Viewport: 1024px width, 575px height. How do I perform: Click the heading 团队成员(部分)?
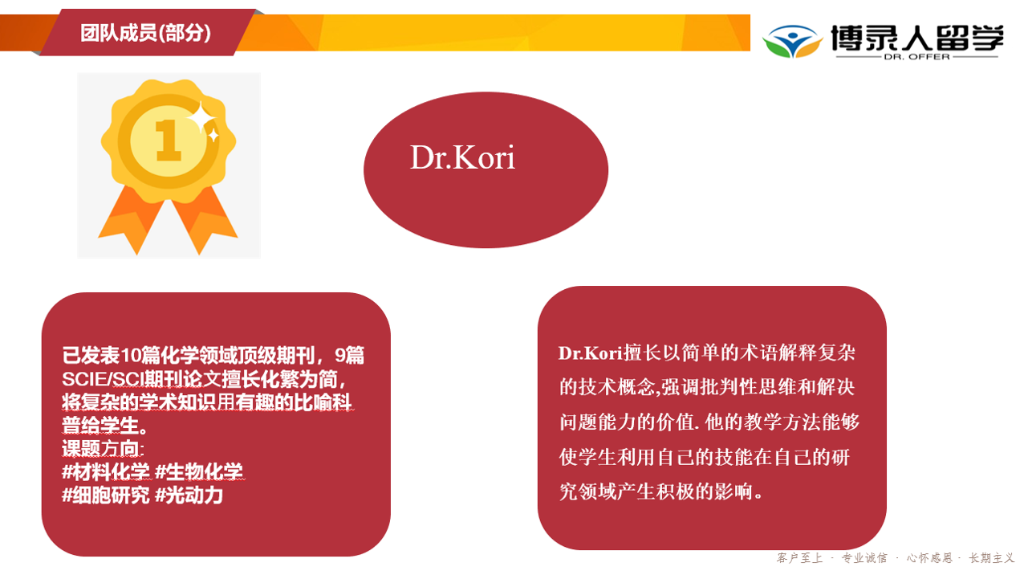click(x=145, y=33)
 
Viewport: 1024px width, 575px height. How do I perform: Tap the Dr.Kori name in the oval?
click(x=462, y=157)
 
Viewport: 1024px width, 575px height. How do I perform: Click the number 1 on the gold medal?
click(x=169, y=140)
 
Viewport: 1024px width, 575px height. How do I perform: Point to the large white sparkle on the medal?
click(x=201, y=118)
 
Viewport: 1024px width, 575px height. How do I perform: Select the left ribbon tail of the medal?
click(x=130, y=219)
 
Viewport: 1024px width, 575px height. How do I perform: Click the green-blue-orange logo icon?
click(x=792, y=41)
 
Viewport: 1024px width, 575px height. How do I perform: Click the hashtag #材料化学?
click(x=106, y=471)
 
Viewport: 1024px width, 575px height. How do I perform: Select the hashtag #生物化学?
click(x=199, y=471)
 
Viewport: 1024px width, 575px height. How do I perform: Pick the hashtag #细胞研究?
click(x=106, y=495)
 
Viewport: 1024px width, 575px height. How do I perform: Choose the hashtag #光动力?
click(x=189, y=495)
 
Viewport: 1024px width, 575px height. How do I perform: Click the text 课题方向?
click(x=100, y=448)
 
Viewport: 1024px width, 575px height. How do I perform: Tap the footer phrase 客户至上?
click(x=799, y=558)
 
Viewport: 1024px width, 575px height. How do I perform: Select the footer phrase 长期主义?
click(x=992, y=558)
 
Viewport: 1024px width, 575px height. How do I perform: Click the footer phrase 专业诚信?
click(x=864, y=558)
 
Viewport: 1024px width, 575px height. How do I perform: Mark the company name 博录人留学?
click(x=917, y=38)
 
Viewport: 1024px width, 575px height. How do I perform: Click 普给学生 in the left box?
click(x=100, y=425)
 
